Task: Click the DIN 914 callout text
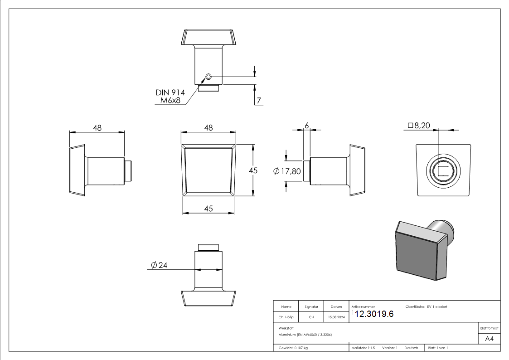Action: click(x=170, y=92)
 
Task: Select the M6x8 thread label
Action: click(x=170, y=101)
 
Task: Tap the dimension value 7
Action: click(x=259, y=101)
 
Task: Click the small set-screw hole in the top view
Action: click(x=208, y=77)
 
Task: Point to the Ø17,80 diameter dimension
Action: click(x=287, y=171)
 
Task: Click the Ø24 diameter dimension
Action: click(x=159, y=265)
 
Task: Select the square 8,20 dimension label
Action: click(x=419, y=126)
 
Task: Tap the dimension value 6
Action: click(x=306, y=125)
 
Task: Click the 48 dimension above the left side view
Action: click(x=97, y=128)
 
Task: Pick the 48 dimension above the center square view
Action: click(x=208, y=128)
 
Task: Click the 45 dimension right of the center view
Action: click(x=253, y=170)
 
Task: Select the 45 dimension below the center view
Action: click(x=208, y=209)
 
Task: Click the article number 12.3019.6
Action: click(x=374, y=314)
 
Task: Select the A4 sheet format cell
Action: click(x=490, y=339)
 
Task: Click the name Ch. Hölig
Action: click(x=286, y=317)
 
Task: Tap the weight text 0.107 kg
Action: click(x=293, y=348)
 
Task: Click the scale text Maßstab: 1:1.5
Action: click(x=363, y=348)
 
